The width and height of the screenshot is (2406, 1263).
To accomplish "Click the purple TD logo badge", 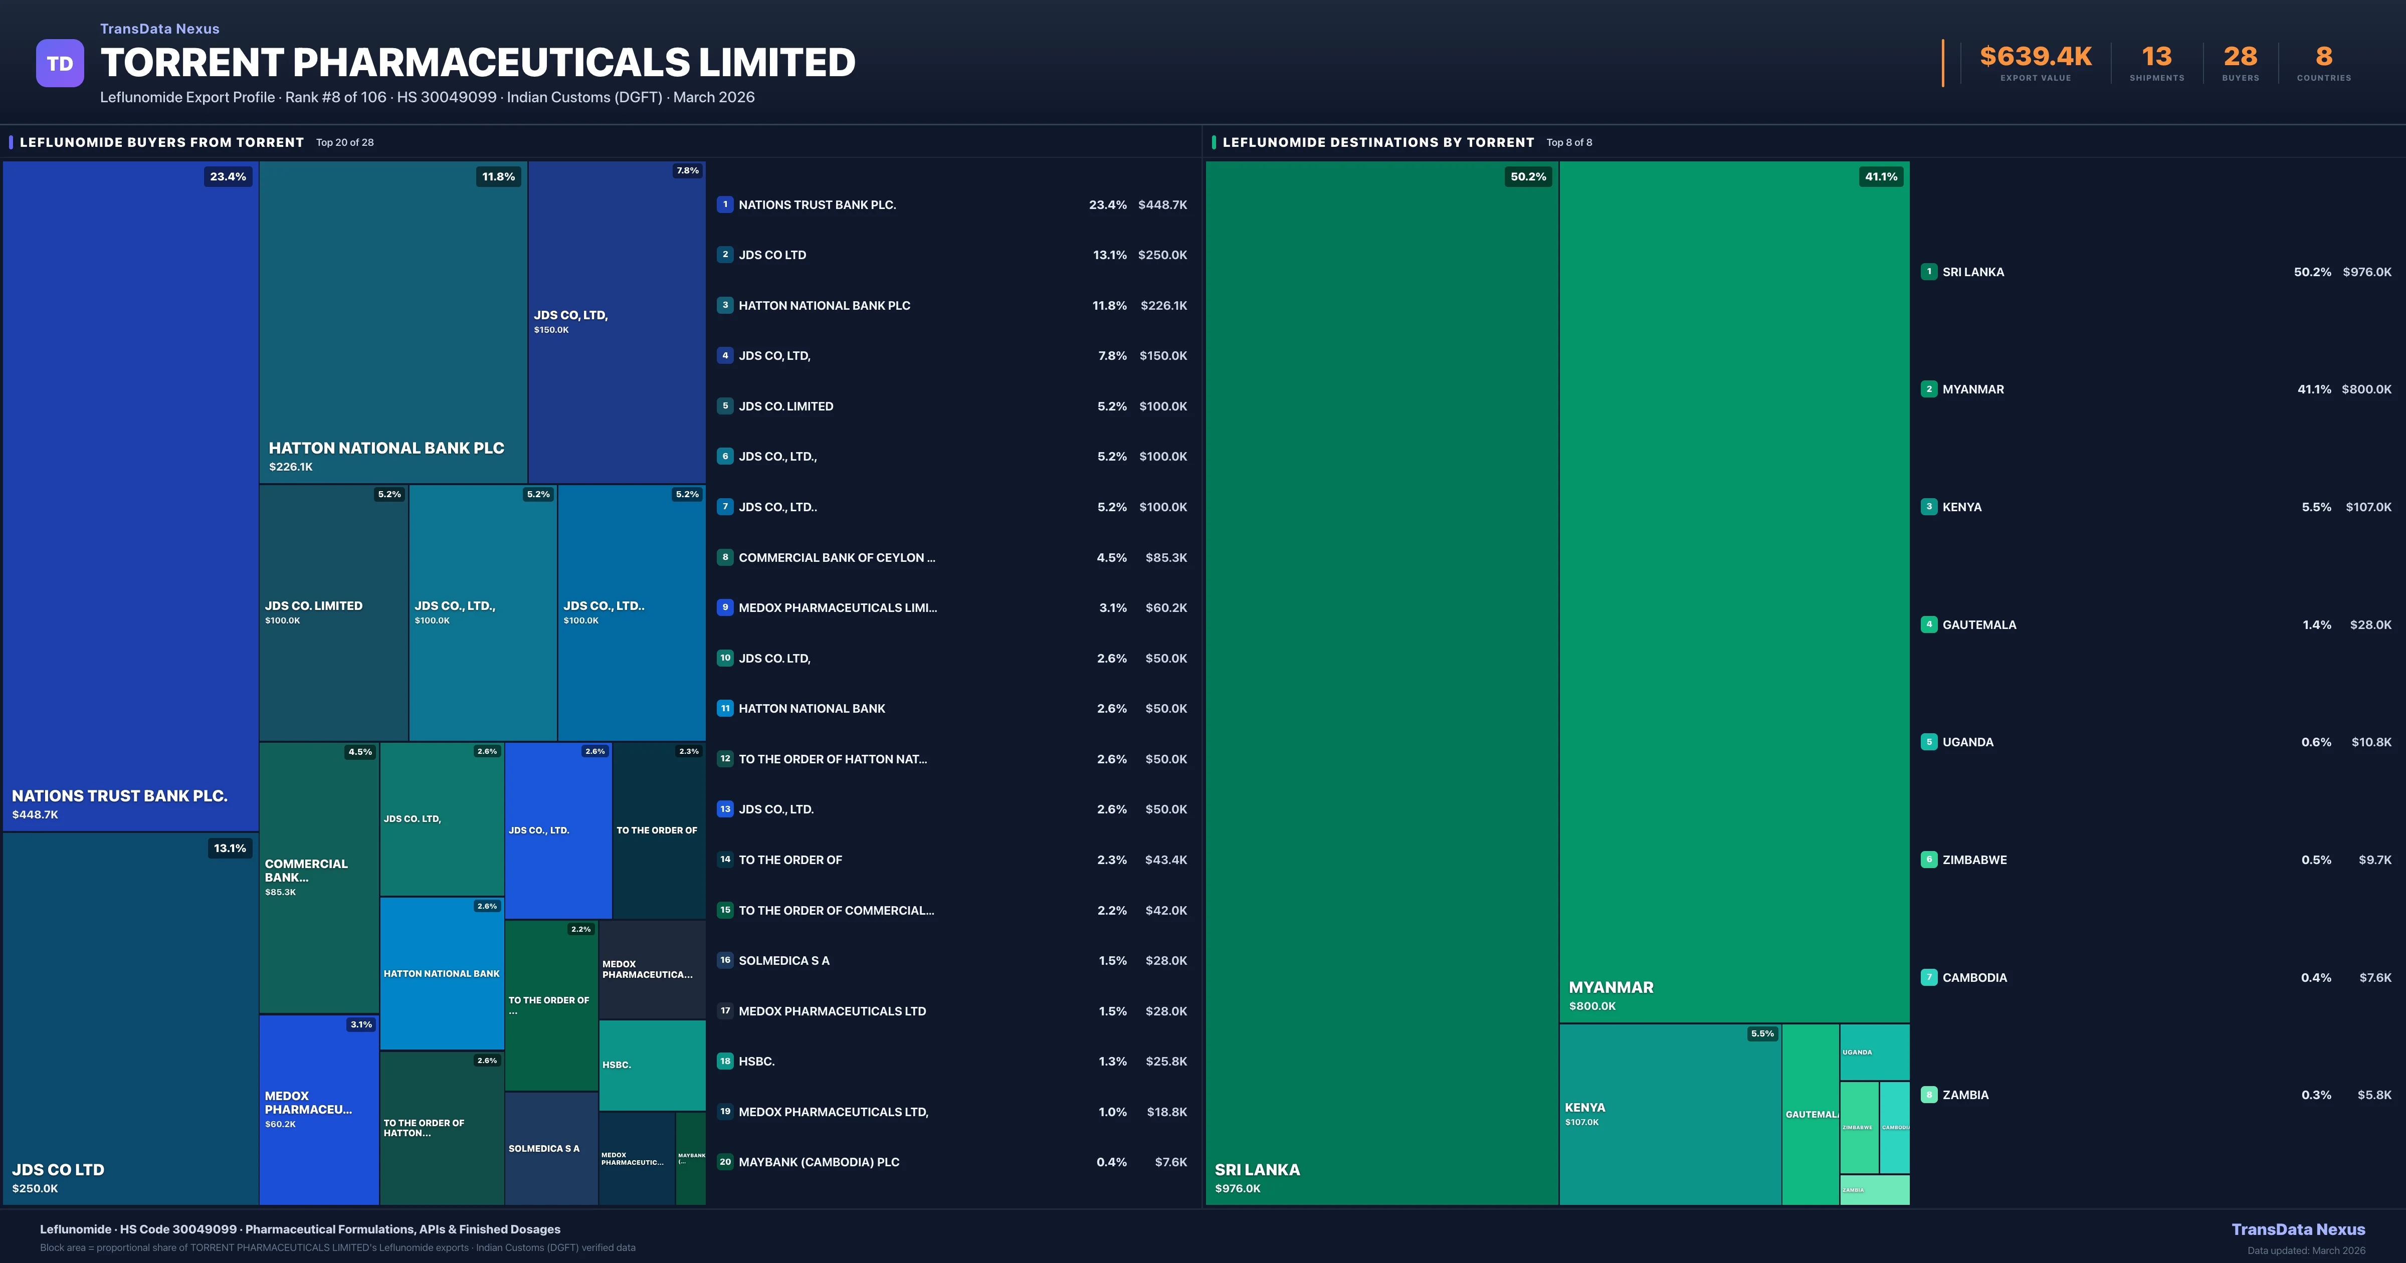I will coord(60,64).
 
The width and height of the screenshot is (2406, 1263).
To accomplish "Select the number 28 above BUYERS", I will coord(2240,57).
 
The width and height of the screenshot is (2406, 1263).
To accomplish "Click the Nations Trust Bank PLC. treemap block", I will coord(131,495).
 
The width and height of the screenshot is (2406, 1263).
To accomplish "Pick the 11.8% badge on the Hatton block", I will coord(498,176).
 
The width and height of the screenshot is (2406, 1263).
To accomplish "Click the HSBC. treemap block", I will coord(652,1065).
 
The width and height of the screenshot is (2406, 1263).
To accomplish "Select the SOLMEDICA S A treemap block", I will coord(551,1148).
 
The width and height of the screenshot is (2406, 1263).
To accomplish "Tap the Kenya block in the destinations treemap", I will coord(1670,1114).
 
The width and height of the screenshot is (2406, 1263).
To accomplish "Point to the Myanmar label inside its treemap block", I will coord(1611,987).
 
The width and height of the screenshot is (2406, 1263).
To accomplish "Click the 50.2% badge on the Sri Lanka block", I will coord(1528,176).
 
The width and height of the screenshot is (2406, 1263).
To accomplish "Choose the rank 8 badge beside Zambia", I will coord(1929,1095).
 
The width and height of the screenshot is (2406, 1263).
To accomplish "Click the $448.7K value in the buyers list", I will coord(1162,204).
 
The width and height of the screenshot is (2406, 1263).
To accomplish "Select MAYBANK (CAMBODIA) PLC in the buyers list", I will coord(818,1162).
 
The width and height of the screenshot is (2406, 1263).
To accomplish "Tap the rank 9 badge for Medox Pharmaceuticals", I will coord(725,607).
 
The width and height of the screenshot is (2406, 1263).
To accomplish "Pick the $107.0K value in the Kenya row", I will coord(2368,507).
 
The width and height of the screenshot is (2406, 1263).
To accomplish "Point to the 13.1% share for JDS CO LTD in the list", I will coord(1110,255).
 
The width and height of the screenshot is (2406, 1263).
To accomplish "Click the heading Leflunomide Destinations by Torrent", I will coord(1377,142).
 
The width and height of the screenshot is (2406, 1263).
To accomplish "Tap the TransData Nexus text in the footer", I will coord(2298,1229).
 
